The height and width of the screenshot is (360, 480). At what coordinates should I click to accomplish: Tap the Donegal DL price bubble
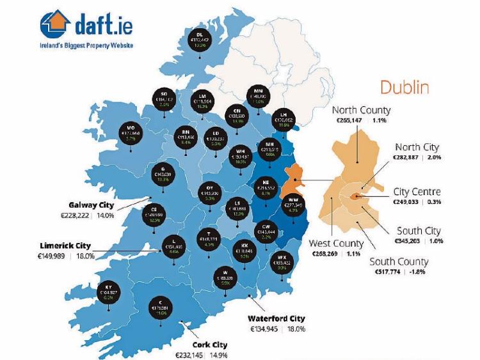(x=200, y=40)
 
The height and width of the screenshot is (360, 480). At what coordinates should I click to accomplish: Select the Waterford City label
(x=276, y=318)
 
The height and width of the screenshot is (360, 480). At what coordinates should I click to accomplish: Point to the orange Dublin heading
(x=404, y=87)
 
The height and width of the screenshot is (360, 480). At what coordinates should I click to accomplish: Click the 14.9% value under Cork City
(x=218, y=355)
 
